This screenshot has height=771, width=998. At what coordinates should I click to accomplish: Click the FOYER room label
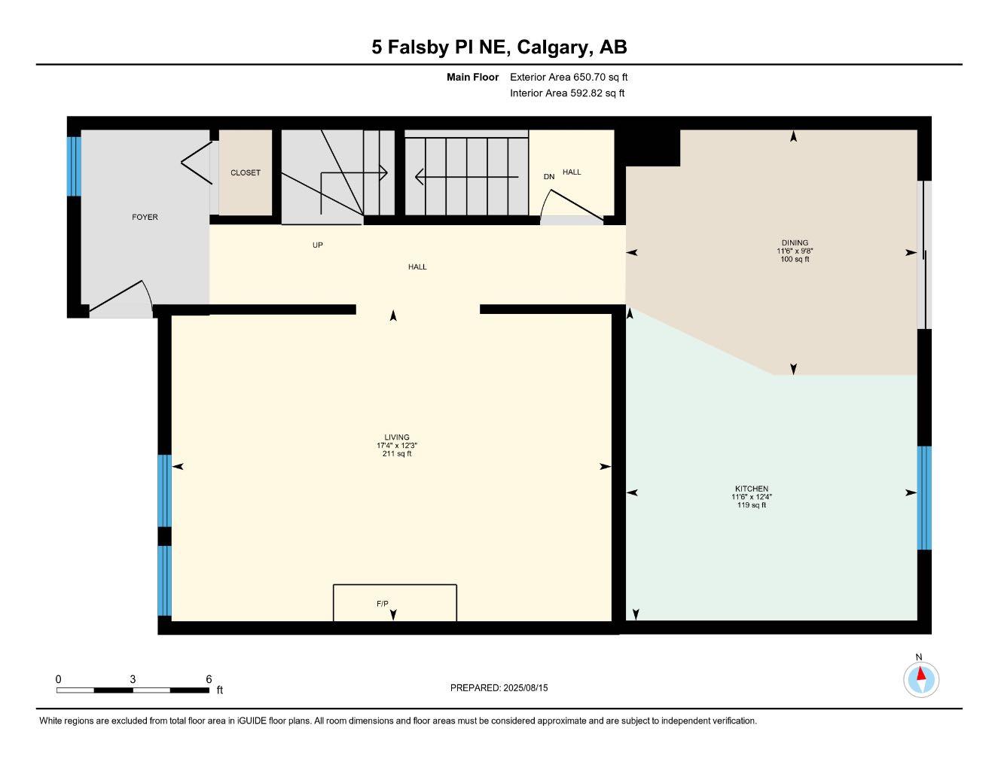point(145,217)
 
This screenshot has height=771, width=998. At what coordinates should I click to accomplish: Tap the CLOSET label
point(245,172)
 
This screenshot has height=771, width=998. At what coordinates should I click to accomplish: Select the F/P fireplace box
point(395,602)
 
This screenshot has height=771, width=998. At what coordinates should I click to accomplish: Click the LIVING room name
point(397,437)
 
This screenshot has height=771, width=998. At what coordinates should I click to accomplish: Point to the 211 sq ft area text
point(397,454)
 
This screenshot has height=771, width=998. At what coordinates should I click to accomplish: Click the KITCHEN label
point(751,489)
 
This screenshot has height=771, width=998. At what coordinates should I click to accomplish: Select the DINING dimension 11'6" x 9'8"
point(795,251)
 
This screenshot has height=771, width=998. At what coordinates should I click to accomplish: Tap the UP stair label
point(318,245)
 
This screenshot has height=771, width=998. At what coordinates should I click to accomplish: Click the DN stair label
point(549,177)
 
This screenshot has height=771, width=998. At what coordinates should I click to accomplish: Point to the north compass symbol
point(920,678)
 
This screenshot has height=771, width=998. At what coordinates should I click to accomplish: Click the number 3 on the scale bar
point(133,678)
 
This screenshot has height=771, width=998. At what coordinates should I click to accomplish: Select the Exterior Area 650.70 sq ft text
point(569,77)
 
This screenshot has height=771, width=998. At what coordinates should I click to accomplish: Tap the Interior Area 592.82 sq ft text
point(567,93)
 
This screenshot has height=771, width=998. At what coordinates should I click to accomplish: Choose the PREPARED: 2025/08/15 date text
point(499,687)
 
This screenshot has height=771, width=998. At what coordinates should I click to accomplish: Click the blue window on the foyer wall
point(74,166)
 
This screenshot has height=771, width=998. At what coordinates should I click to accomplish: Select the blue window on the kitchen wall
point(924,498)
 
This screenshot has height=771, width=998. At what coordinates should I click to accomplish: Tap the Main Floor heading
point(472,77)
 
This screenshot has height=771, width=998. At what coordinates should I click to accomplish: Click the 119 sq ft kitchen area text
point(751,505)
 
